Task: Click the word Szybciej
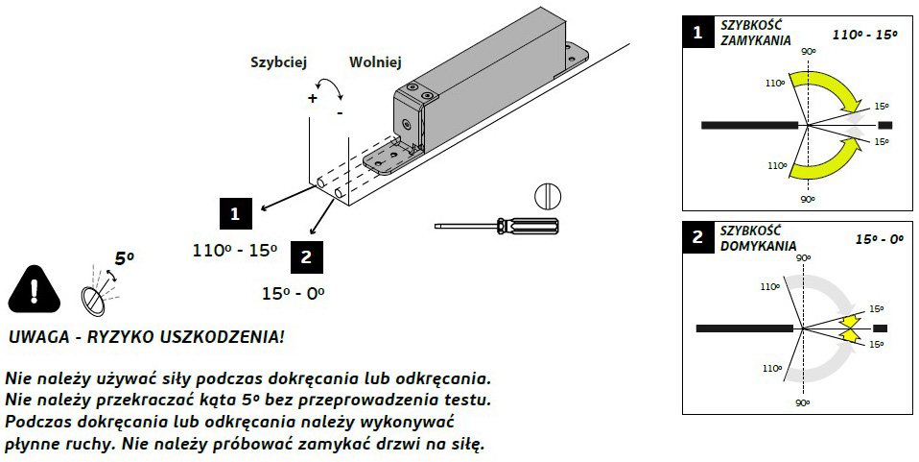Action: [277, 61]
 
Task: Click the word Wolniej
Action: [375, 61]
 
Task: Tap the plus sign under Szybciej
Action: [312, 98]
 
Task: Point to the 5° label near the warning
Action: [125, 258]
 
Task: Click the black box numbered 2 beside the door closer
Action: [306, 256]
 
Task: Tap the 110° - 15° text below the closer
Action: [235, 251]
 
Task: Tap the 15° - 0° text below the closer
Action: [294, 292]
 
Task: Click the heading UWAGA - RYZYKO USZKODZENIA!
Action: [146, 339]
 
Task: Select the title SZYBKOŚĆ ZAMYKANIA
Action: [755, 35]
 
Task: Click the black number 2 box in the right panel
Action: [697, 238]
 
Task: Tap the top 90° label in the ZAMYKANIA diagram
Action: [808, 51]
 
